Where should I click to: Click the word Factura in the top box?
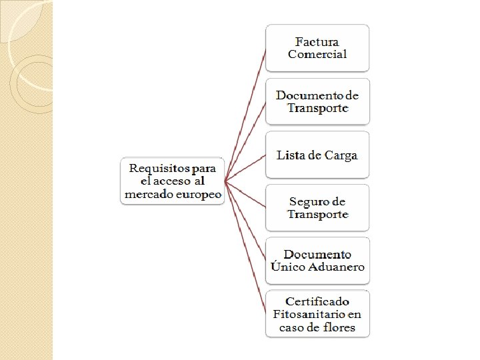coord(317,42)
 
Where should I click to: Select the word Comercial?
coord(317,55)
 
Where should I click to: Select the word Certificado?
coord(317,301)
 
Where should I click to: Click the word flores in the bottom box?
coord(337,327)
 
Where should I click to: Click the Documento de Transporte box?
coord(317,101)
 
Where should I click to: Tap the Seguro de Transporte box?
coord(317,208)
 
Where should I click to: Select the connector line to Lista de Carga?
coord(247,167)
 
